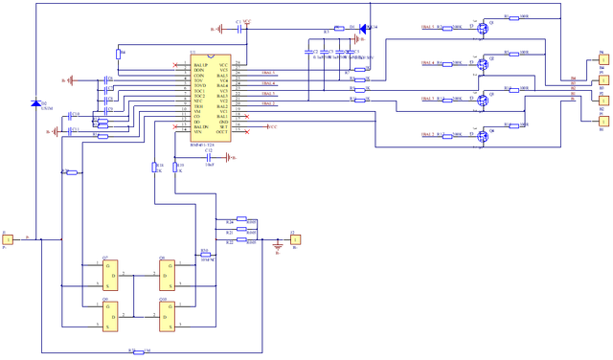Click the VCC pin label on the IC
click(223, 65)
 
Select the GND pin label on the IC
click(223, 122)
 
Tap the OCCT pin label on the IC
click(221, 132)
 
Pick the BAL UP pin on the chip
click(200, 65)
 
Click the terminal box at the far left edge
click(7, 239)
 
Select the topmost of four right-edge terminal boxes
click(603, 59)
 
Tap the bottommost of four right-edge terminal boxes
click(603, 122)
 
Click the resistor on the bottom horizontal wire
click(141, 351)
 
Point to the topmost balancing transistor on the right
click(485, 29)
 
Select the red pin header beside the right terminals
click(573, 87)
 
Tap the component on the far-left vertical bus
click(36, 103)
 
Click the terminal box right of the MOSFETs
click(296, 239)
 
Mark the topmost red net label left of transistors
click(428, 27)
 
